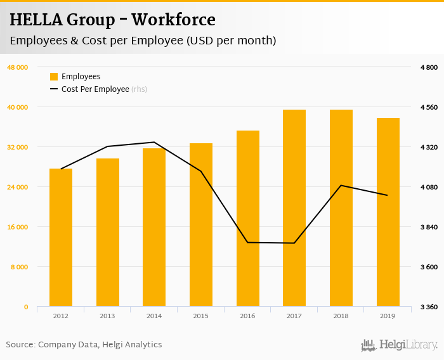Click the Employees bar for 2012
[x=61, y=238]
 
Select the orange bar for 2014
[x=154, y=228]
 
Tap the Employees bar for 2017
[x=294, y=209]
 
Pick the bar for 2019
[x=388, y=212]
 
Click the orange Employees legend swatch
[x=54, y=77]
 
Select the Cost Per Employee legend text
[x=95, y=89]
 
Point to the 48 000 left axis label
[x=17, y=67]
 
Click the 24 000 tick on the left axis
[x=17, y=187]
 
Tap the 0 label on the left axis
[x=26, y=307]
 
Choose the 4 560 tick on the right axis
[x=429, y=107]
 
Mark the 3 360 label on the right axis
[x=429, y=307]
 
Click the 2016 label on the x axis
[x=247, y=316]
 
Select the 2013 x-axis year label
[x=107, y=316]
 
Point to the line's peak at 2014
[x=154, y=142]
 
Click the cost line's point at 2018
[x=341, y=185]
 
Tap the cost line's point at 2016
[x=247, y=242]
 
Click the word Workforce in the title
[x=178, y=20]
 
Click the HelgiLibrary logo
[x=400, y=345]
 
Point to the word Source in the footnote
[x=20, y=345]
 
